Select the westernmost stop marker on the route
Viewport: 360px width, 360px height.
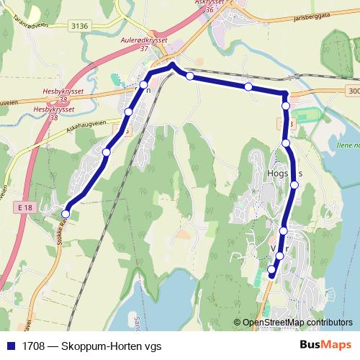tap(66, 213)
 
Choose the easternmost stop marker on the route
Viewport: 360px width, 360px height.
tap(294, 185)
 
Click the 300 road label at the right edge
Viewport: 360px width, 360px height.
tap(352, 91)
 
